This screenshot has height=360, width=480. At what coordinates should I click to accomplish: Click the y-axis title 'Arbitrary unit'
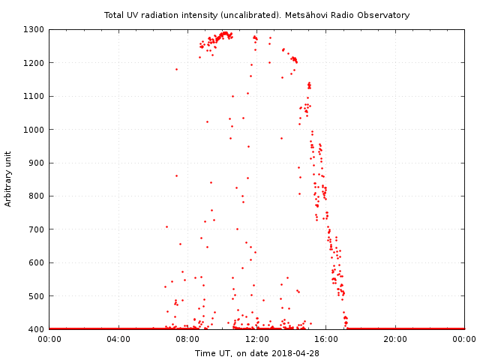pyautogui.click(x=9, y=179)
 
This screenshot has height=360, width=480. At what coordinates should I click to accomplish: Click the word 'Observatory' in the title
pyautogui.click(x=382, y=15)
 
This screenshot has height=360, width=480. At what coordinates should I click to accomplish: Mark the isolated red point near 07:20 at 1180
pyautogui.click(x=176, y=69)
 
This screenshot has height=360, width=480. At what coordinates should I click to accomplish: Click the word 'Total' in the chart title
pyautogui.click(x=115, y=15)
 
